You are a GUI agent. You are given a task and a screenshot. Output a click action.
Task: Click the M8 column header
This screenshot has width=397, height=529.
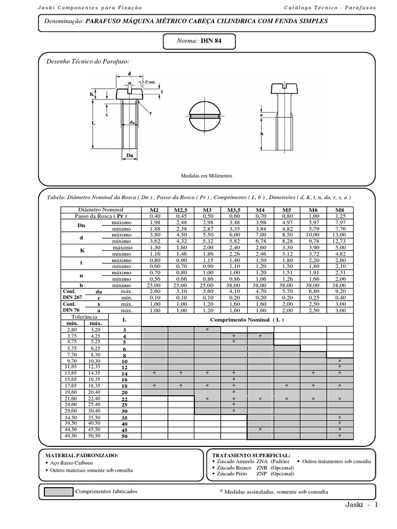click(x=340, y=210)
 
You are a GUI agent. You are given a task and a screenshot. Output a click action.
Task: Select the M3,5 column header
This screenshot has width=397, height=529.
click(x=234, y=210)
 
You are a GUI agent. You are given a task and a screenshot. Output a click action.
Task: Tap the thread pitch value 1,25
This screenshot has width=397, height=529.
click(x=340, y=216)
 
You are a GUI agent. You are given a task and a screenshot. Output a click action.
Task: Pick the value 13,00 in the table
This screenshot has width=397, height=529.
click(x=340, y=235)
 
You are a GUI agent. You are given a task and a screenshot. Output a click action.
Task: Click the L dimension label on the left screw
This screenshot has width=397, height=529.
click(x=93, y=123)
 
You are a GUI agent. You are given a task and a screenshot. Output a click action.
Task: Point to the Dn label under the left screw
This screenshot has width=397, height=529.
click(x=130, y=155)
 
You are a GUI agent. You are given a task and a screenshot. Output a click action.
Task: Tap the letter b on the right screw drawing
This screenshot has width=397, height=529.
click(x=262, y=133)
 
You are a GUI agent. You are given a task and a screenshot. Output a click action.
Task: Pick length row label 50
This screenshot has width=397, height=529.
click(x=124, y=437)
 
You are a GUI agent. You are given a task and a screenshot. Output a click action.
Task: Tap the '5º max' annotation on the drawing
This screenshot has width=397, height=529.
click(x=151, y=82)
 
